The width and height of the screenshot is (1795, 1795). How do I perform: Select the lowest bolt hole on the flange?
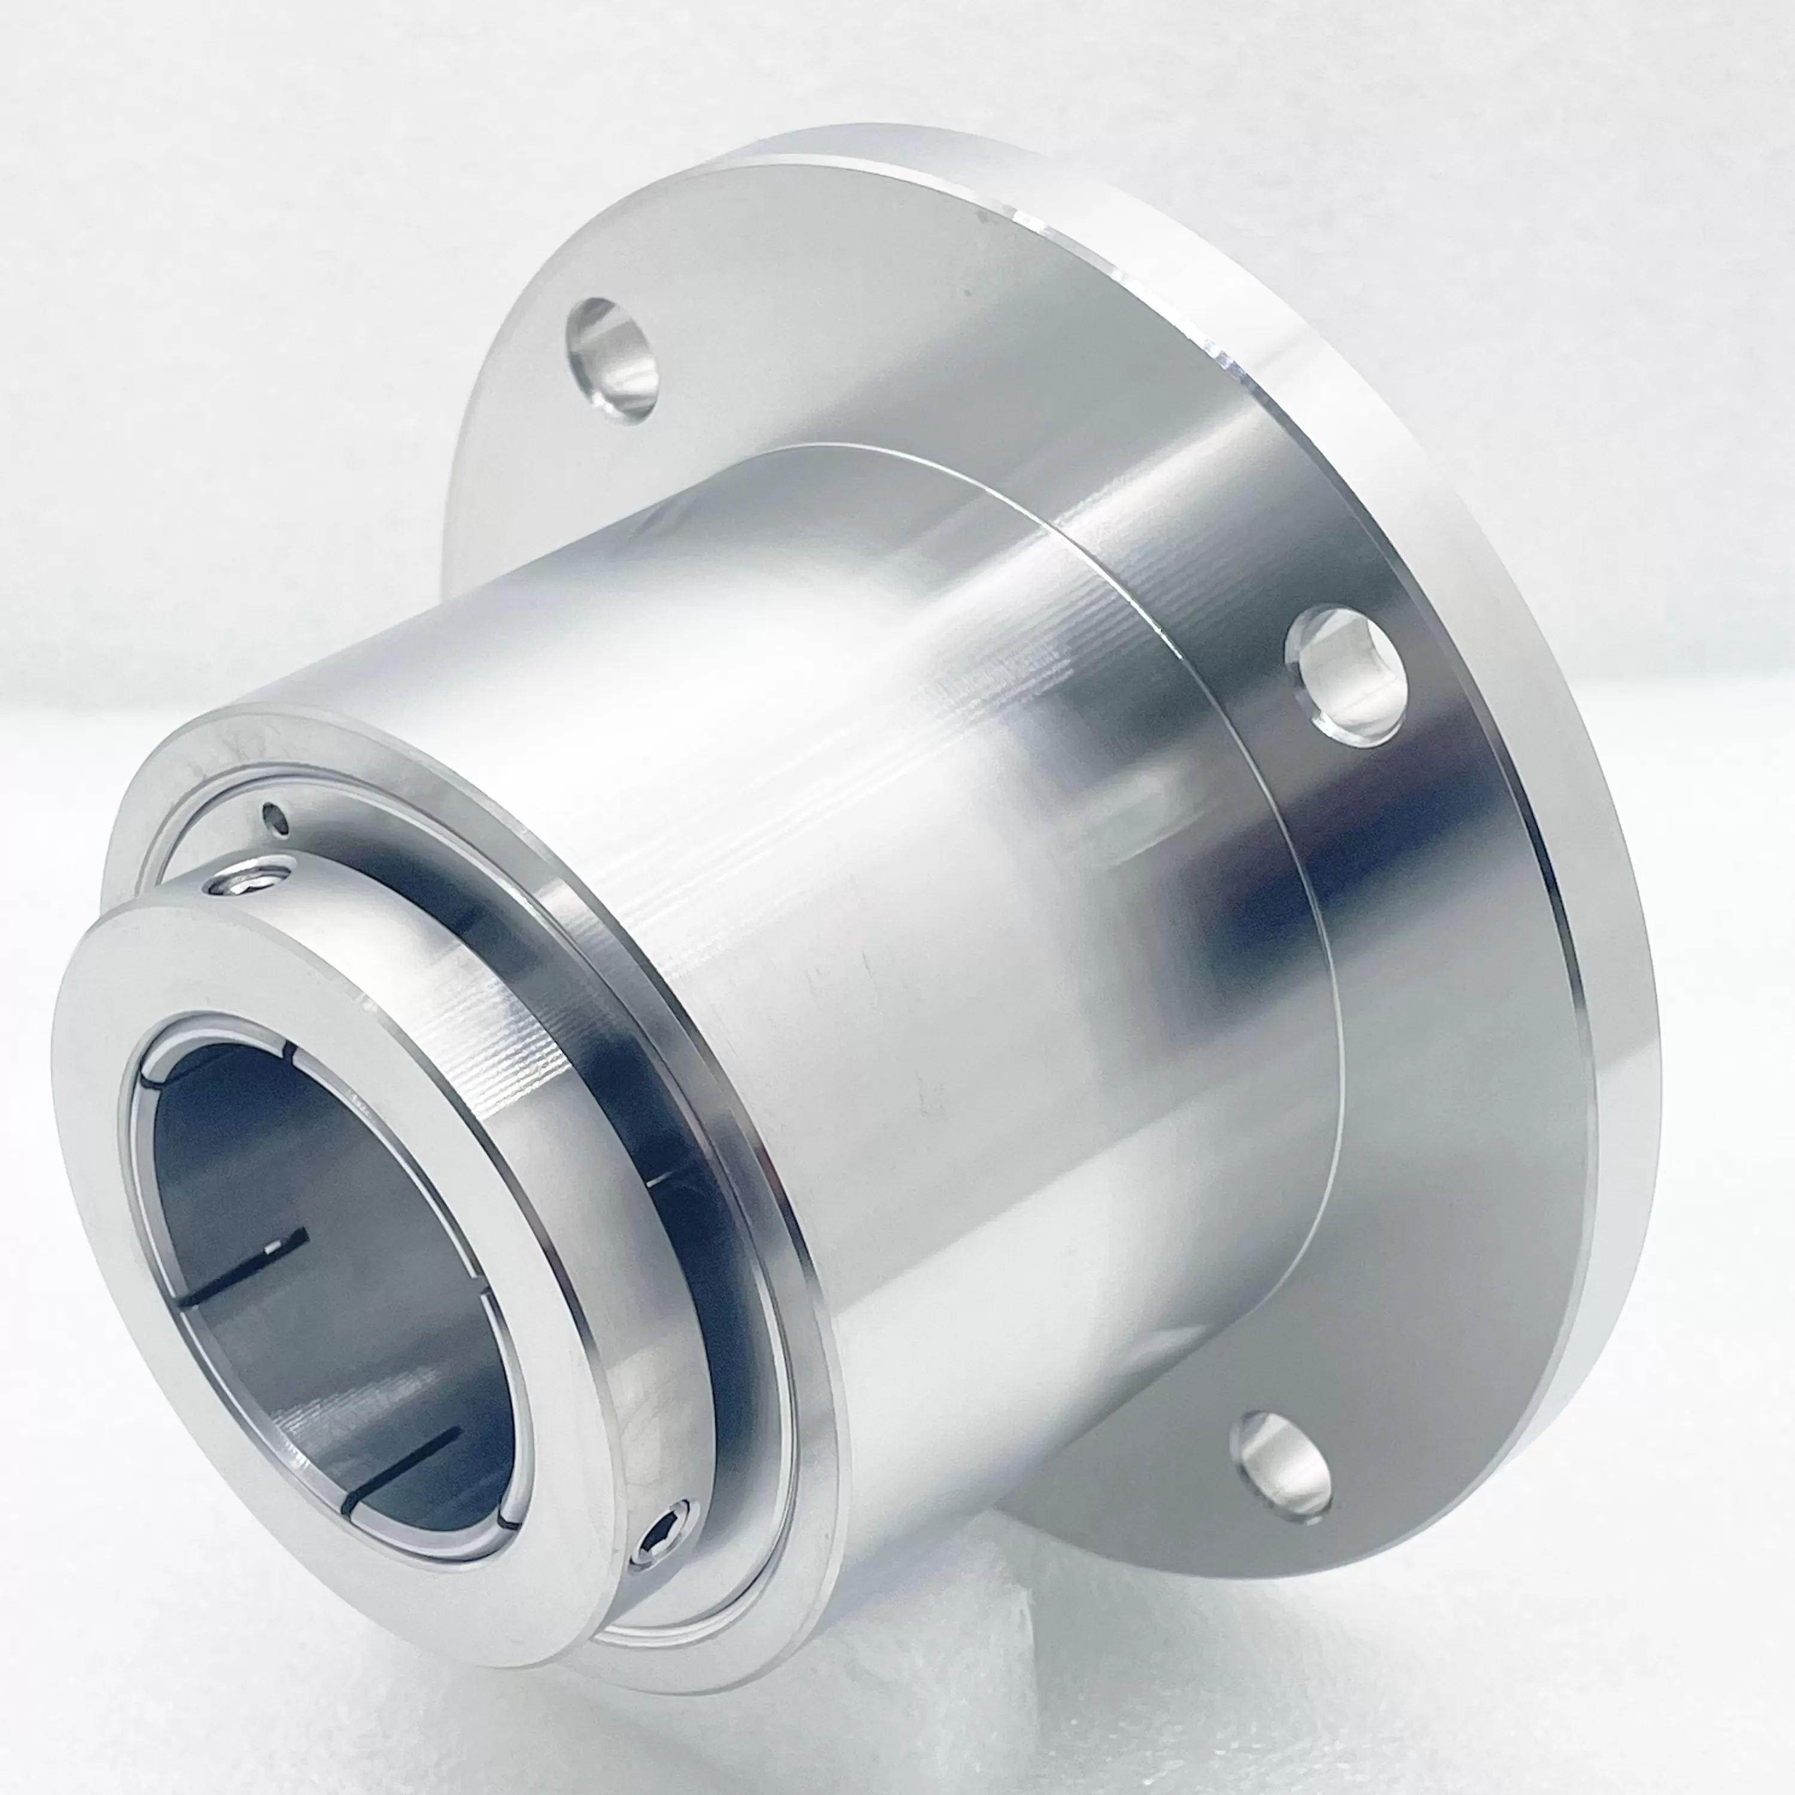1281,1466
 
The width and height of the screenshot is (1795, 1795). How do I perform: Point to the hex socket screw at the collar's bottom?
662,1544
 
